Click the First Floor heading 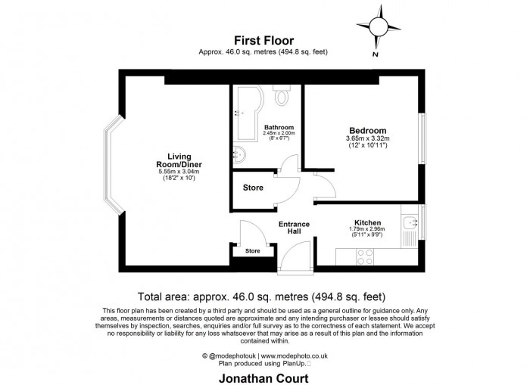pos(264,41)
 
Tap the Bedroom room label pos(366,130)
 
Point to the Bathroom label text pos(279,128)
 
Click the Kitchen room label pos(366,222)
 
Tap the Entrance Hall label pos(294,227)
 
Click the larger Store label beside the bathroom pos(253,188)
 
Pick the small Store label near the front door pos(252,250)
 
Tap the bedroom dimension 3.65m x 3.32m pos(368,138)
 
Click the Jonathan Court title pos(264,375)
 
